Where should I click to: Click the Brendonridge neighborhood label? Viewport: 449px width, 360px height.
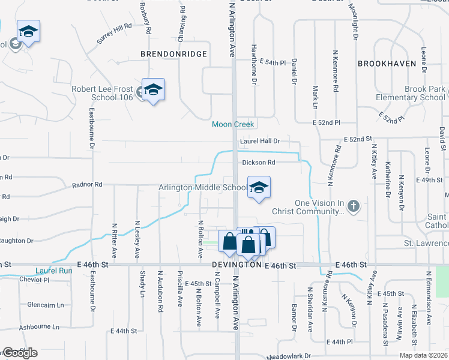point(173,54)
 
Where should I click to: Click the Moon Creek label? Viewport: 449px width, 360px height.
point(233,124)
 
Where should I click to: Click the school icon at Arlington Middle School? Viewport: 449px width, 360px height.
point(259,188)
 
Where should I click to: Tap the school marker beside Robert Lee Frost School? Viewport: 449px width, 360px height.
point(153,91)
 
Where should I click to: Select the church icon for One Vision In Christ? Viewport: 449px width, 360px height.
point(354,206)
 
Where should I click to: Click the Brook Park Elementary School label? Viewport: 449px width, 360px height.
point(408,93)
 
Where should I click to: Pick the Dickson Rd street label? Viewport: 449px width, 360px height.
point(259,163)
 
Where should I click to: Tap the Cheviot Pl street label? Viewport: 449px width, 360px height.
point(34,280)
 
